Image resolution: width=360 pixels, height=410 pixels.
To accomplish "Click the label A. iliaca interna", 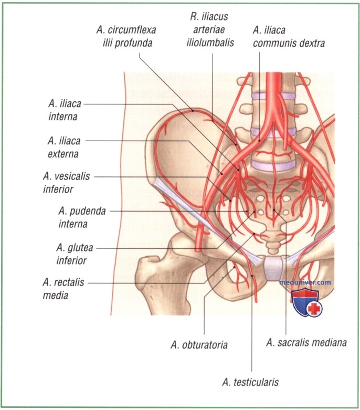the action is click(x=65, y=110).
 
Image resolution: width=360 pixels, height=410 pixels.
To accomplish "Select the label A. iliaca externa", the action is click(x=64, y=147).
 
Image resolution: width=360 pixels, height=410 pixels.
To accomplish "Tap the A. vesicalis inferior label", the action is click(x=67, y=183).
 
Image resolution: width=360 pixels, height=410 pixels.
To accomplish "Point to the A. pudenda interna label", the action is click(x=82, y=217).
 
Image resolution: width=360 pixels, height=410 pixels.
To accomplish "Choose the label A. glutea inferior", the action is click(x=75, y=254).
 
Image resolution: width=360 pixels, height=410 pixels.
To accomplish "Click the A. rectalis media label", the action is click(x=63, y=289).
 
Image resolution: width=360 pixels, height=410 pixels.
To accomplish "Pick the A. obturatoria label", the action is click(x=199, y=345).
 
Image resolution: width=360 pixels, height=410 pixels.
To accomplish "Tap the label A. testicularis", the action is click(x=250, y=382).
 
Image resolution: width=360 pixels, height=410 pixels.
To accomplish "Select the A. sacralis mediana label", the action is click(x=306, y=342).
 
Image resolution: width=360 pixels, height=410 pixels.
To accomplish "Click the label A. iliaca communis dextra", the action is click(x=289, y=37).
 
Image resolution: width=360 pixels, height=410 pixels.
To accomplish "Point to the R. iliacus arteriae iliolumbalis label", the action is click(x=210, y=29).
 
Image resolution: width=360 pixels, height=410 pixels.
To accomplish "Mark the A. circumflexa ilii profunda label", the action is click(x=126, y=36).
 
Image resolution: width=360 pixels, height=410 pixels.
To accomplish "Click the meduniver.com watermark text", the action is click(x=305, y=282).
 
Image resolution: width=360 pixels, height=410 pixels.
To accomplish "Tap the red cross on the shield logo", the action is click(x=314, y=309).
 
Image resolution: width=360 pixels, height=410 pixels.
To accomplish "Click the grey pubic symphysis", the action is click(x=274, y=268).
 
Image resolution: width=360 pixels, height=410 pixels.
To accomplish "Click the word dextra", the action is click(x=312, y=43).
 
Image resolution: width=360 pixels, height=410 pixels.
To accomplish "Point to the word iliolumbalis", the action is click(x=210, y=43).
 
